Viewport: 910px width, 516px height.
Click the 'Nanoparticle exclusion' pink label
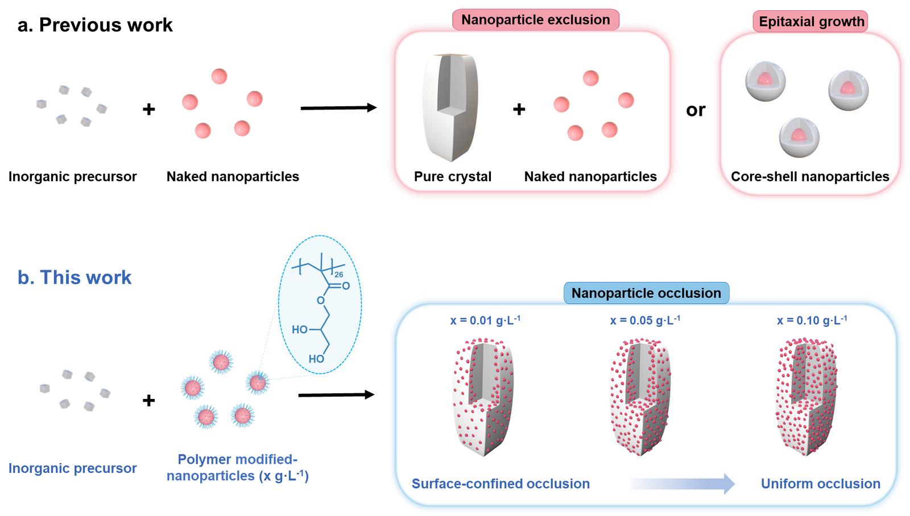tap(535, 20)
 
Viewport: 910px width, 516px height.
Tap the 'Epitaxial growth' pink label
tap(811, 22)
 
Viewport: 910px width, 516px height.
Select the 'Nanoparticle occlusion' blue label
tap(646, 293)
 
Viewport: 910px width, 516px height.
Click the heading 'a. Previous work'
tap(95, 25)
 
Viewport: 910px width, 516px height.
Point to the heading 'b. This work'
tap(75, 278)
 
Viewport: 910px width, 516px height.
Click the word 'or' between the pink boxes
tap(696, 110)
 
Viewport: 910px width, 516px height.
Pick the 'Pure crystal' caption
tap(453, 177)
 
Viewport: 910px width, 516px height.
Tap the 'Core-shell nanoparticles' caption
tap(810, 177)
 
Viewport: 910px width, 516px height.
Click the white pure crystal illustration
tap(450, 107)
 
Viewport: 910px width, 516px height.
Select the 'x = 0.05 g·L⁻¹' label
tap(645, 321)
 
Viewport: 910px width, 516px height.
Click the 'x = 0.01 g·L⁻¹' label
tap(485, 321)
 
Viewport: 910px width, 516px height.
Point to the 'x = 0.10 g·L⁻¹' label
tap(812, 321)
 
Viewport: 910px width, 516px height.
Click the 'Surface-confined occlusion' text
tap(500, 484)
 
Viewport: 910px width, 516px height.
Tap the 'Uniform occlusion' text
tap(821, 484)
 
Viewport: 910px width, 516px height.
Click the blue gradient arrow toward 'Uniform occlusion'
tap(682, 484)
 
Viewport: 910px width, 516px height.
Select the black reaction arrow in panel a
tap(338, 108)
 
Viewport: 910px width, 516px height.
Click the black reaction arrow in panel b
tap(336, 394)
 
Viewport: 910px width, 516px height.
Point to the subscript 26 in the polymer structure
tap(338, 275)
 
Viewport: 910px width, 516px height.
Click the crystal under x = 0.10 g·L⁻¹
tap(806, 397)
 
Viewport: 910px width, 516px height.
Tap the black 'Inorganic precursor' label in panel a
tap(73, 177)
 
